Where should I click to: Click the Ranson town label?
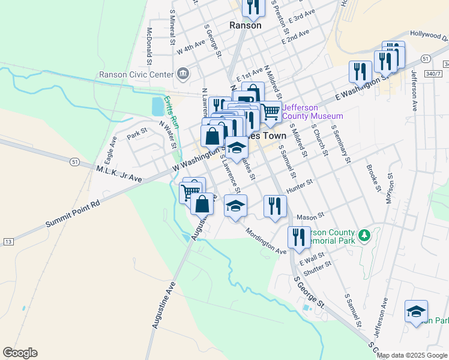tap(246, 25)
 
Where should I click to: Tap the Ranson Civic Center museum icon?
tap(183, 75)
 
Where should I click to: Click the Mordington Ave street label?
tap(264, 241)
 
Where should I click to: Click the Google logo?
tap(20, 353)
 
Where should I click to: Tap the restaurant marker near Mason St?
tap(275, 206)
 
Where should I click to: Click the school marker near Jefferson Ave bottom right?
tap(416, 311)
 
